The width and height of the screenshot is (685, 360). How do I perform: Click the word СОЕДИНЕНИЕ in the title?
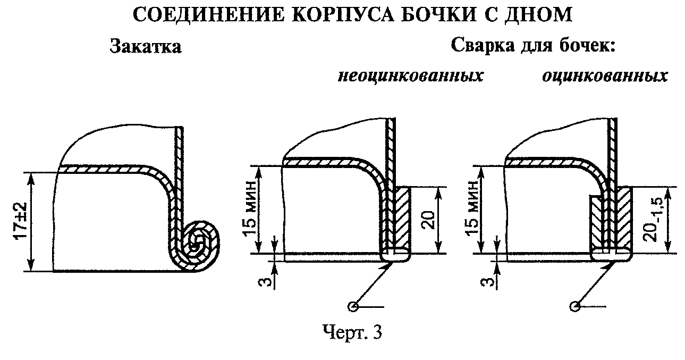point(208,14)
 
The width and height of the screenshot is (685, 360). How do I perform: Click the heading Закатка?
point(146,47)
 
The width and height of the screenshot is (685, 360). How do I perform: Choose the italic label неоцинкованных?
point(410,76)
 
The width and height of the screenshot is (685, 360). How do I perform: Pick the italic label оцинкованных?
point(605,76)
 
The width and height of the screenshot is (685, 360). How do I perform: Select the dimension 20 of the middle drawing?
point(429,220)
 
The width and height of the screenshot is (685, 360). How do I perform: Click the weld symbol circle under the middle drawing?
point(352,306)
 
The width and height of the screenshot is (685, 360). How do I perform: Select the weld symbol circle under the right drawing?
point(574,306)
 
